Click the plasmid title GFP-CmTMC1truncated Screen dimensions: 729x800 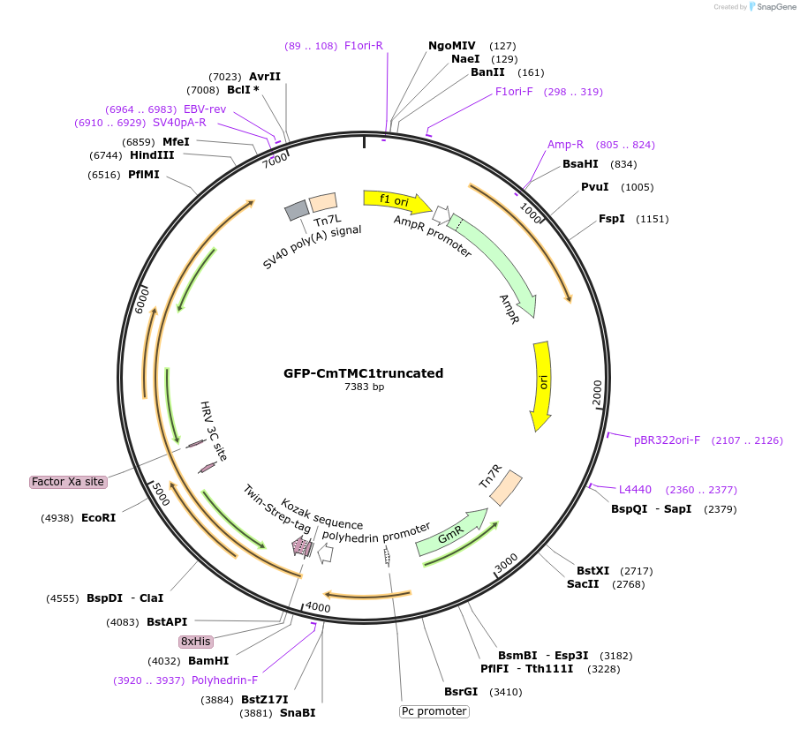363,373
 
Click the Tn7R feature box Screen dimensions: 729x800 506,488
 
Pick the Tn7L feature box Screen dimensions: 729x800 323,203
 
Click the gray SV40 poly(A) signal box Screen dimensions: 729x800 297,211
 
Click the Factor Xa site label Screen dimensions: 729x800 68,482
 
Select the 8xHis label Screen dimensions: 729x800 195,642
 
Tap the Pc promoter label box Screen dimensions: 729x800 434,711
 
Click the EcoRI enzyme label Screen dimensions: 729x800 98,518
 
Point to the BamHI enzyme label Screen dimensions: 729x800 208,660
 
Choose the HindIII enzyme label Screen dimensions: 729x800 152,155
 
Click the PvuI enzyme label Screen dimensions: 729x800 594,187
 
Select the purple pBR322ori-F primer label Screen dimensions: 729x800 667,440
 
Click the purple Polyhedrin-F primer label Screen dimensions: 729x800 224,680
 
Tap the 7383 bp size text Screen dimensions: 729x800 364,387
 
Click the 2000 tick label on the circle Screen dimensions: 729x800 597,393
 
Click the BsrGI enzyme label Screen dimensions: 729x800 461,692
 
